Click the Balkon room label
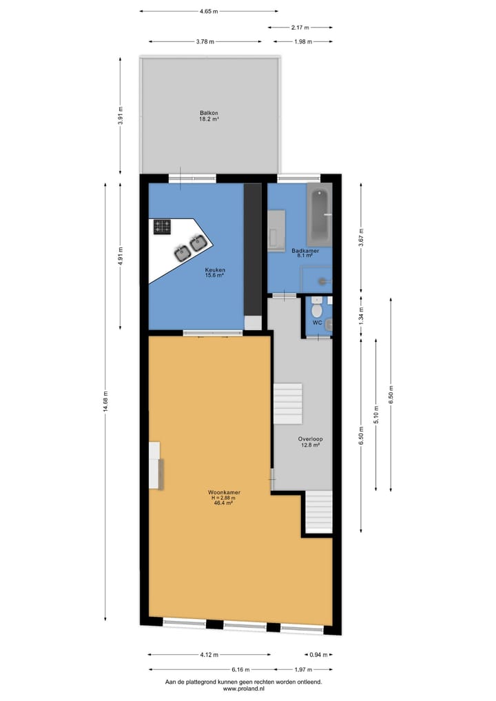click(x=209, y=112)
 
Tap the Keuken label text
click(x=215, y=270)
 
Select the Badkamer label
click(x=305, y=251)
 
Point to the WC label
click(x=317, y=322)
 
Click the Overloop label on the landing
click(x=311, y=438)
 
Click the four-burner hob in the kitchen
click(x=163, y=226)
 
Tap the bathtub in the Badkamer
click(x=319, y=214)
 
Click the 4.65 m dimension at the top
click(x=209, y=11)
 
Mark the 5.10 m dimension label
click(x=375, y=414)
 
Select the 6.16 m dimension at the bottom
click(x=240, y=669)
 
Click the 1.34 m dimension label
click(x=360, y=316)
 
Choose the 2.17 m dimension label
click(x=300, y=28)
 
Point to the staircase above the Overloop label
click(x=288, y=405)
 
